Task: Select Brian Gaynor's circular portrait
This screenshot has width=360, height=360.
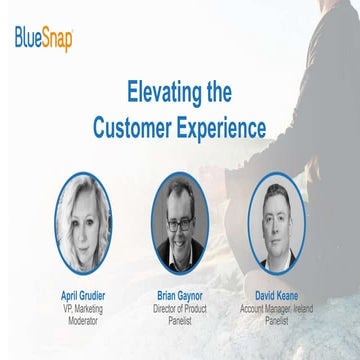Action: [181, 223]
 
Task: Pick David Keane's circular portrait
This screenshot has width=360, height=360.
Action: [274, 223]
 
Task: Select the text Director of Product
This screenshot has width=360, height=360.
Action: [181, 310]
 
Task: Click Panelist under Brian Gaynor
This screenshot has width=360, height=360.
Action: [181, 321]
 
